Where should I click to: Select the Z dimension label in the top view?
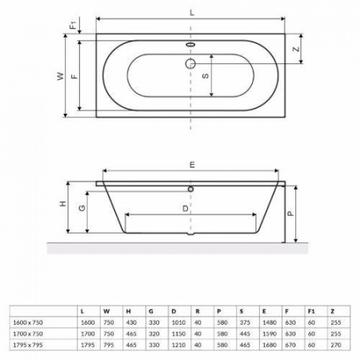point(296,48)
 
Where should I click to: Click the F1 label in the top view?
point(73,25)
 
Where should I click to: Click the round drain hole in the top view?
point(190,62)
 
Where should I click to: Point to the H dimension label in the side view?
point(62,205)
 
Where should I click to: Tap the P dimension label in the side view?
point(290,213)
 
